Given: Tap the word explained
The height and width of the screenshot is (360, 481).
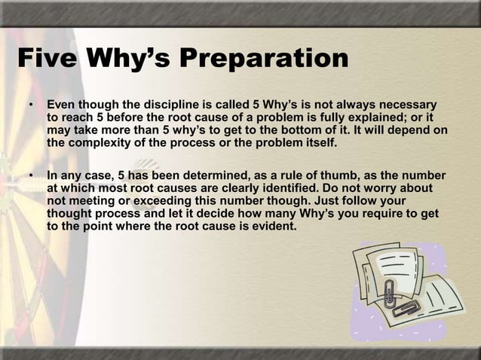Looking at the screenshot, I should coord(381,117).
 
